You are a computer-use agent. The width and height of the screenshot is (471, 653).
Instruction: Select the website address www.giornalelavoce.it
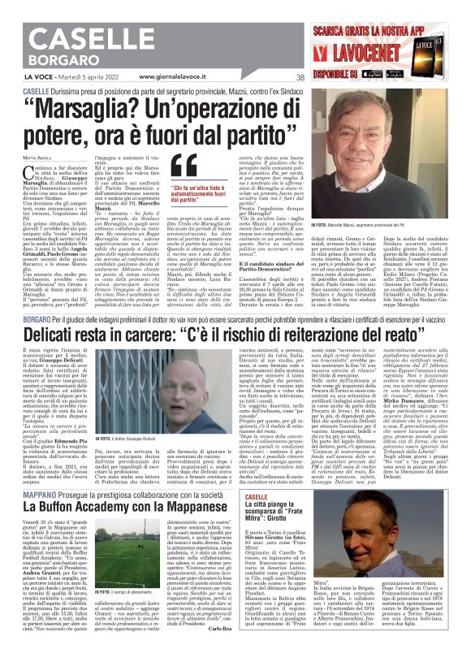tap(179, 78)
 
